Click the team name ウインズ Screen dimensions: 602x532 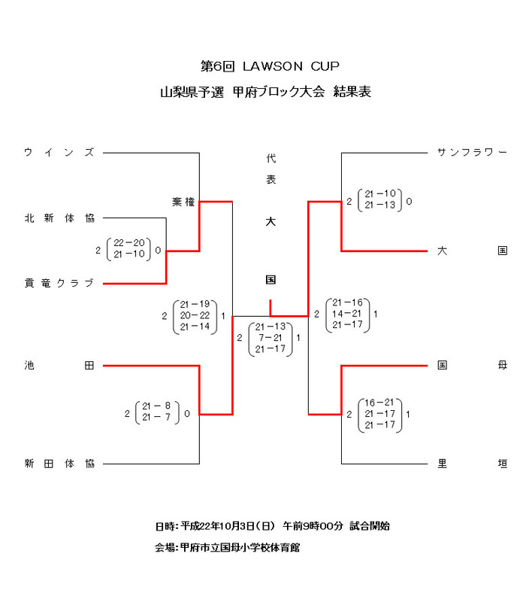click(x=59, y=153)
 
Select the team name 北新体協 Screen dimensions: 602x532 click(x=59, y=218)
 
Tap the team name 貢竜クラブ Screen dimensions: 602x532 click(x=59, y=283)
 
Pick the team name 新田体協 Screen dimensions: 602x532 click(x=59, y=464)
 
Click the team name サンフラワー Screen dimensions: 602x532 click(x=472, y=153)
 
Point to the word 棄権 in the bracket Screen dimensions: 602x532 click(x=183, y=202)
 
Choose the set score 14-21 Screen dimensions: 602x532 click(x=349, y=313)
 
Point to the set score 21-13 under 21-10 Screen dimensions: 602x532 click(x=380, y=205)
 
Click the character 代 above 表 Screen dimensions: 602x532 click(x=271, y=159)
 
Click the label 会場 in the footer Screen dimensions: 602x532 click(x=164, y=548)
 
